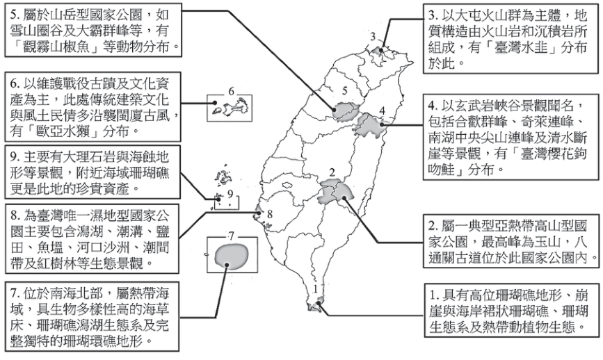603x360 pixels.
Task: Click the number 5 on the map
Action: coord(345,91)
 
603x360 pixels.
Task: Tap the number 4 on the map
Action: coord(382,111)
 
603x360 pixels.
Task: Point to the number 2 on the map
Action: coord(332,172)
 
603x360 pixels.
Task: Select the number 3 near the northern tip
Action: coord(373,37)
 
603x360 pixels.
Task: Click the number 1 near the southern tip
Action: coord(316,289)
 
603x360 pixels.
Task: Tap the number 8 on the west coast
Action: coord(270,213)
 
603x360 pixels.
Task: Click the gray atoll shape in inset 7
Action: coord(231,255)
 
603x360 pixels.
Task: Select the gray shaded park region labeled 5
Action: coord(346,111)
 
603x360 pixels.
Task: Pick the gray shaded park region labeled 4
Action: coord(370,126)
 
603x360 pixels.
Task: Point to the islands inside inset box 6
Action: coord(231,108)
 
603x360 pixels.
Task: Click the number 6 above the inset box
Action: coord(231,91)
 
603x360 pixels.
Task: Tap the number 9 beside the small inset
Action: coord(230,194)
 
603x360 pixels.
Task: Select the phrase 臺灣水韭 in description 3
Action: coord(520,47)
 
